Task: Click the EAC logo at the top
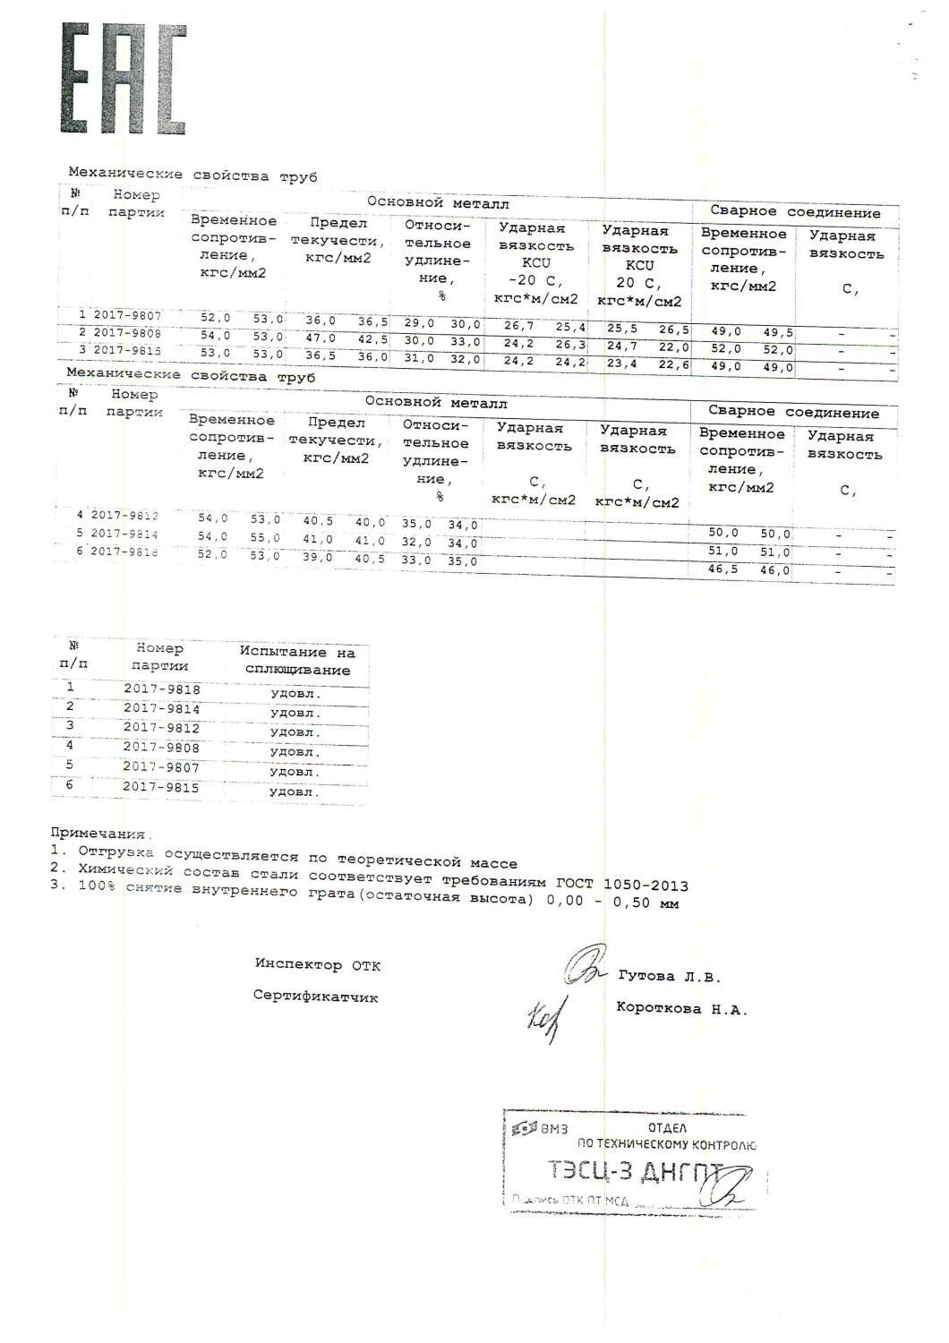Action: tap(124, 79)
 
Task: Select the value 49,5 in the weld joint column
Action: tap(777, 332)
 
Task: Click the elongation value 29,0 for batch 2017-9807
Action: tap(418, 323)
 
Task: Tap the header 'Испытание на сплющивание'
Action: tap(296, 662)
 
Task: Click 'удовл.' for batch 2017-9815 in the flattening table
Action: tap(295, 792)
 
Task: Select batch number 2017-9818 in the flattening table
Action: tap(161, 689)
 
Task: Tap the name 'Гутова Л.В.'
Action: tap(669, 977)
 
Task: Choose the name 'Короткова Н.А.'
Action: tap(681, 1008)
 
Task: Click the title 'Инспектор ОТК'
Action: tap(317, 964)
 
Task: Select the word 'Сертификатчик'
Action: tap(315, 996)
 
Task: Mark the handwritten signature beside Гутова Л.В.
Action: tap(586, 967)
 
